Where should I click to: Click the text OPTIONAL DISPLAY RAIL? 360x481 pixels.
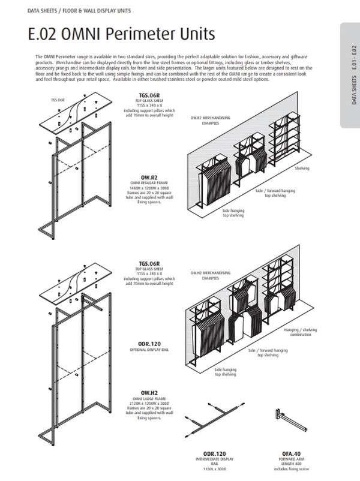coord(148,348)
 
